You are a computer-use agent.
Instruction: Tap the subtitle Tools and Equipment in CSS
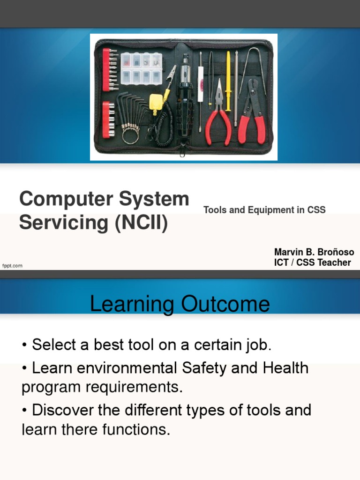click(x=264, y=210)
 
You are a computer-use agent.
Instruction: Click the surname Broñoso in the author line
click(x=333, y=252)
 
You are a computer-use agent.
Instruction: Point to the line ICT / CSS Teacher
click(x=312, y=262)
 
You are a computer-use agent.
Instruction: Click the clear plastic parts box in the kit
click(x=141, y=68)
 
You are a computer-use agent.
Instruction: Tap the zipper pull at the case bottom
click(x=182, y=150)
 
